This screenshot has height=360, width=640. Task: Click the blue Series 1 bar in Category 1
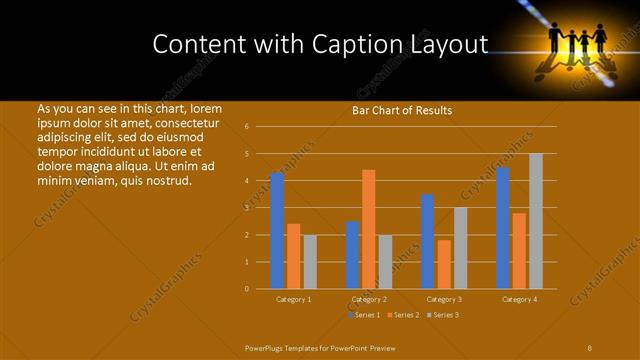(277, 231)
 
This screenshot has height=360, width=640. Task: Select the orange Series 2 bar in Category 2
(368, 229)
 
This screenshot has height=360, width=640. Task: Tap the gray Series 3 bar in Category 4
(535, 221)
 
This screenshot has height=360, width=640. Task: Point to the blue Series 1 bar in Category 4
(502, 228)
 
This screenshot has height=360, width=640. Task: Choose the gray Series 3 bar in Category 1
(310, 262)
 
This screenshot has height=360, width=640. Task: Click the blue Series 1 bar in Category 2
(352, 255)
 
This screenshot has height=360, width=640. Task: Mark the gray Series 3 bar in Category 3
(460, 248)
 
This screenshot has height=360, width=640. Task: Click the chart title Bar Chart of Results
(402, 111)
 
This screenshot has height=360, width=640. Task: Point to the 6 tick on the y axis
(246, 127)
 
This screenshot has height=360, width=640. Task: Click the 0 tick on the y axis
(246, 289)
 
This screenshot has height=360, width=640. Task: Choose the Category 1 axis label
(293, 299)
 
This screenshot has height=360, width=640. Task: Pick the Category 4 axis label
(519, 299)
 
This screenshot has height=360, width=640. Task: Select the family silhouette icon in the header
(577, 43)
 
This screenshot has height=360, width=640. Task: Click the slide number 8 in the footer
(589, 347)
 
